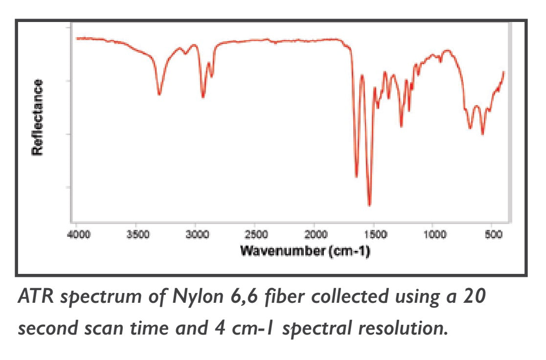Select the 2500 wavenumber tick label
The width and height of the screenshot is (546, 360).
[x=255, y=235]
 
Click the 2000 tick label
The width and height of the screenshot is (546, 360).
[x=315, y=235]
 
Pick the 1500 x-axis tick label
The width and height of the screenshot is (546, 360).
[x=374, y=235]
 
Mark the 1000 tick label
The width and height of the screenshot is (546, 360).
[x=433, y=235]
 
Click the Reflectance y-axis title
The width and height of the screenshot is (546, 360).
[x=37, y=118]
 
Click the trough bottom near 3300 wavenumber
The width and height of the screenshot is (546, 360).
[x=159, y=94]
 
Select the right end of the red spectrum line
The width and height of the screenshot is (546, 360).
[x=503, y=72]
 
